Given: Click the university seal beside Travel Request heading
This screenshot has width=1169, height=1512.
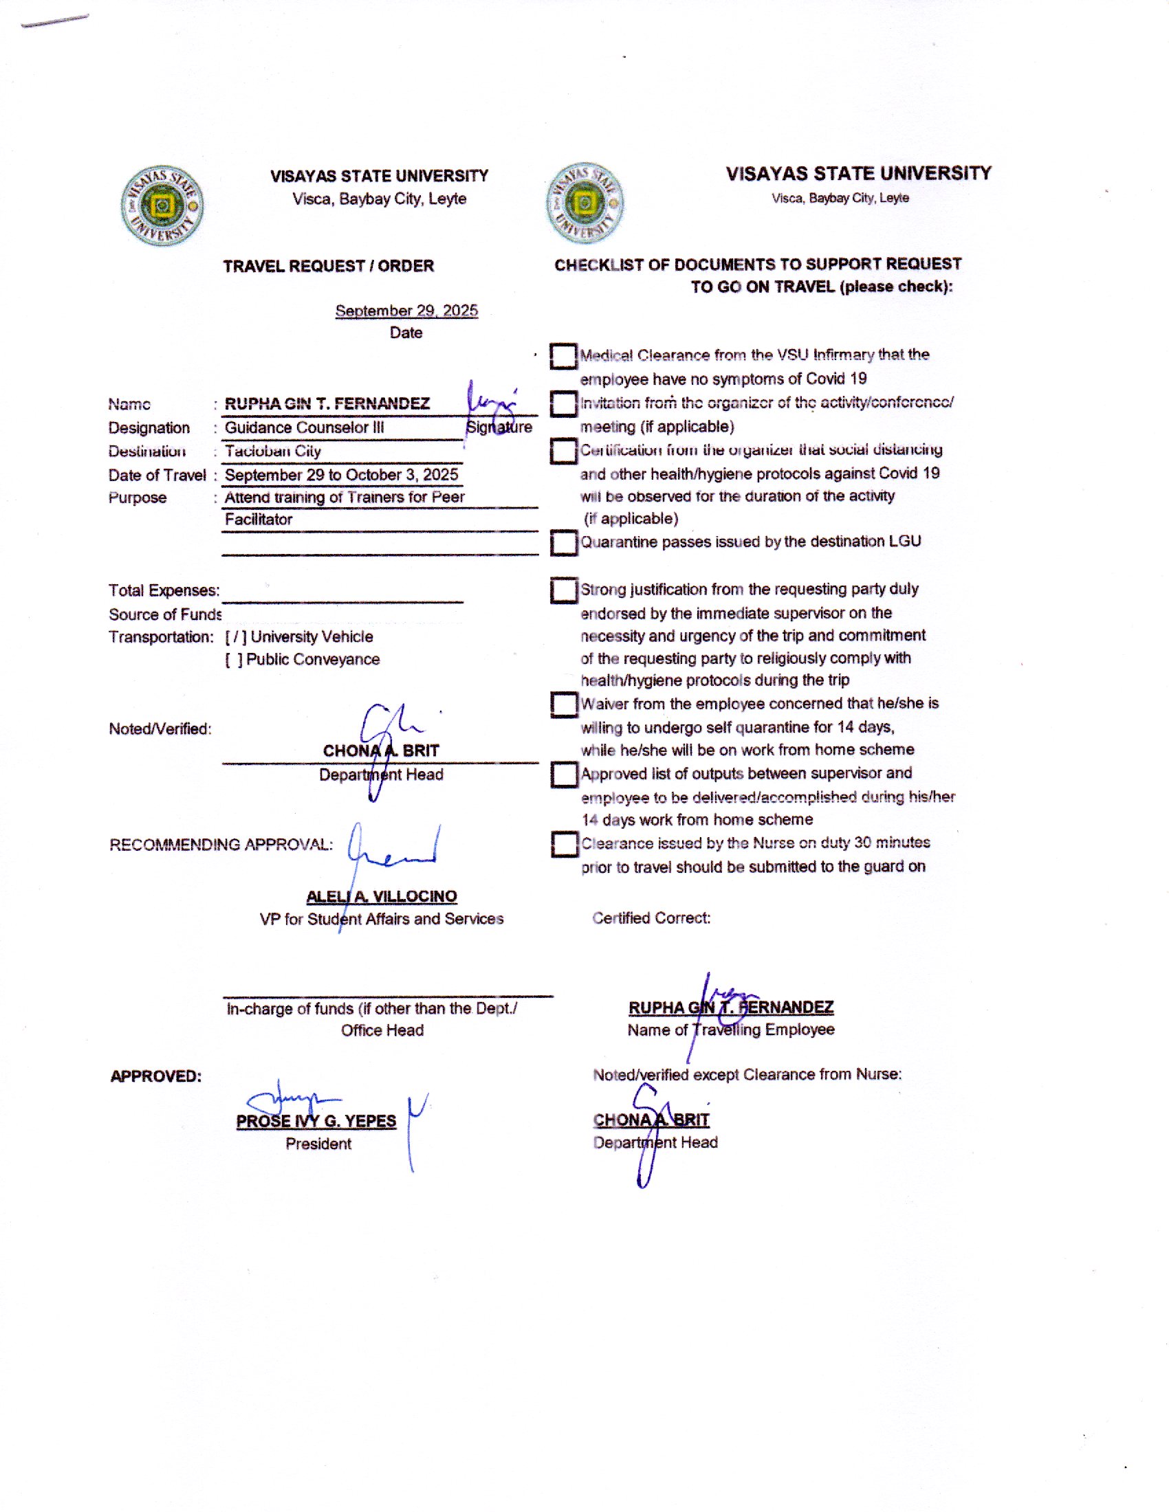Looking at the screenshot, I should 162,205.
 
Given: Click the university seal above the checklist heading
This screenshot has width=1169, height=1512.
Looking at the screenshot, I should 584,203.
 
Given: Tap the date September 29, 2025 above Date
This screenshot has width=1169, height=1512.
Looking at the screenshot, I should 406,311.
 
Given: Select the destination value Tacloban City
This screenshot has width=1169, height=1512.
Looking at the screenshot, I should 273,452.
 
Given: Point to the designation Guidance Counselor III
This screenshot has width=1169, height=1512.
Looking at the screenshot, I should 304,428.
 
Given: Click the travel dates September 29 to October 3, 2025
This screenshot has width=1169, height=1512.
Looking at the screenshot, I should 342,475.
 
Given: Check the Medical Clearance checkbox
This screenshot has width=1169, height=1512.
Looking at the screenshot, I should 564,357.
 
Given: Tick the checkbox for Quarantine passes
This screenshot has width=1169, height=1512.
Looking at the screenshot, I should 564,543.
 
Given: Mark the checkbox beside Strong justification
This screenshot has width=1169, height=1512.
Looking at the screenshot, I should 564,590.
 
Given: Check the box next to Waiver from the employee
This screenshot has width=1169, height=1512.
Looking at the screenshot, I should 564,704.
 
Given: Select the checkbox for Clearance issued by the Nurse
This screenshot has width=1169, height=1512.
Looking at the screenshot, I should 564,844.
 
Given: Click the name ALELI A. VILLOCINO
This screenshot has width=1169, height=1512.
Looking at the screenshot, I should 382,896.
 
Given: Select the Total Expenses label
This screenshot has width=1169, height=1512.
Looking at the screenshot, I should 164,590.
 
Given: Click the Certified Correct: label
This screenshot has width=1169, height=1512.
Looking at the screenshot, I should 651,918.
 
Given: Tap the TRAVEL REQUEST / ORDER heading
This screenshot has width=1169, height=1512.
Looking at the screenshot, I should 328,267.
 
